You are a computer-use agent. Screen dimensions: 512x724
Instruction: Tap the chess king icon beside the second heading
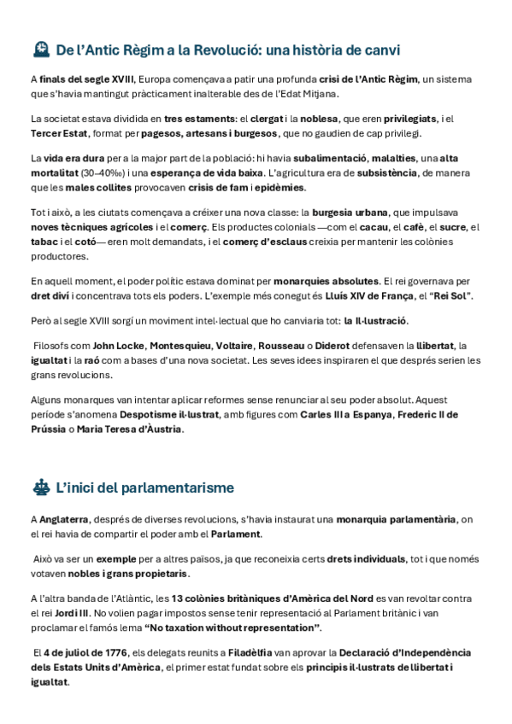coord(39,488)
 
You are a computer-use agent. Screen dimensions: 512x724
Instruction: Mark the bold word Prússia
coord(49,429)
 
